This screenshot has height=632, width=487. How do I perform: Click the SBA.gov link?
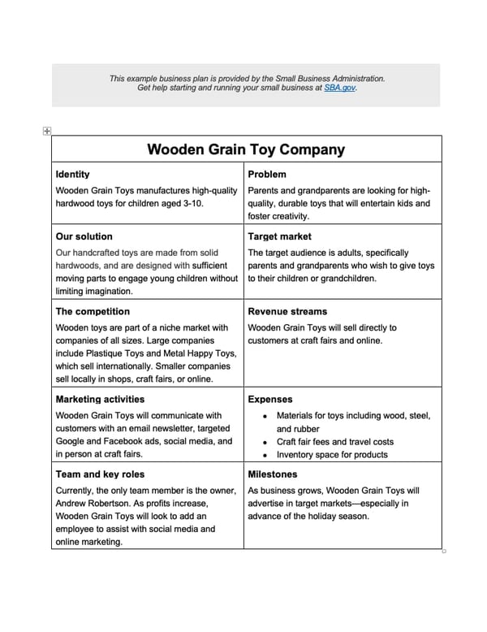(x=339, y=87)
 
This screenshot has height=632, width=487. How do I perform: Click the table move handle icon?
(x=46, y=130)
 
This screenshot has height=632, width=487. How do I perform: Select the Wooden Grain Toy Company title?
(x=246, y=150)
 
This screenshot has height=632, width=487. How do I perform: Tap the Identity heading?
(x=72, y=175)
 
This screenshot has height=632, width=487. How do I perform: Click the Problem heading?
(x=267, y=175)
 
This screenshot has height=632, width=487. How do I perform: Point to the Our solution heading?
(x=84, y=236)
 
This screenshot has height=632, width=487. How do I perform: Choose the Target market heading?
(x=280, y=236)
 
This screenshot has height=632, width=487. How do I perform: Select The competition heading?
(x=92, y=311)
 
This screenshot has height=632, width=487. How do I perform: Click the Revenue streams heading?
(x=287, y=311)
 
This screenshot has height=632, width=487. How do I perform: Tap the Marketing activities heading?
(x=100, y=399)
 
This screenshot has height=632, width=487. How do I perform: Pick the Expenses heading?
(x=270, y=399)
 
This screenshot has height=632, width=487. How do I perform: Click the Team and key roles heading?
(x=101, y=474)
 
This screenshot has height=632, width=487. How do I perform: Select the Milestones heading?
(x=273, y=474)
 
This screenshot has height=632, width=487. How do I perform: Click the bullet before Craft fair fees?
(x=266, y=442)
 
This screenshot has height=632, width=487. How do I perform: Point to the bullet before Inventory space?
(x=266, y=455)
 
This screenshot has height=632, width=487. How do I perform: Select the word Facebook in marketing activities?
(x=122, y=442)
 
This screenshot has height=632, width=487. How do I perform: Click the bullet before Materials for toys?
(x=266, y=416)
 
